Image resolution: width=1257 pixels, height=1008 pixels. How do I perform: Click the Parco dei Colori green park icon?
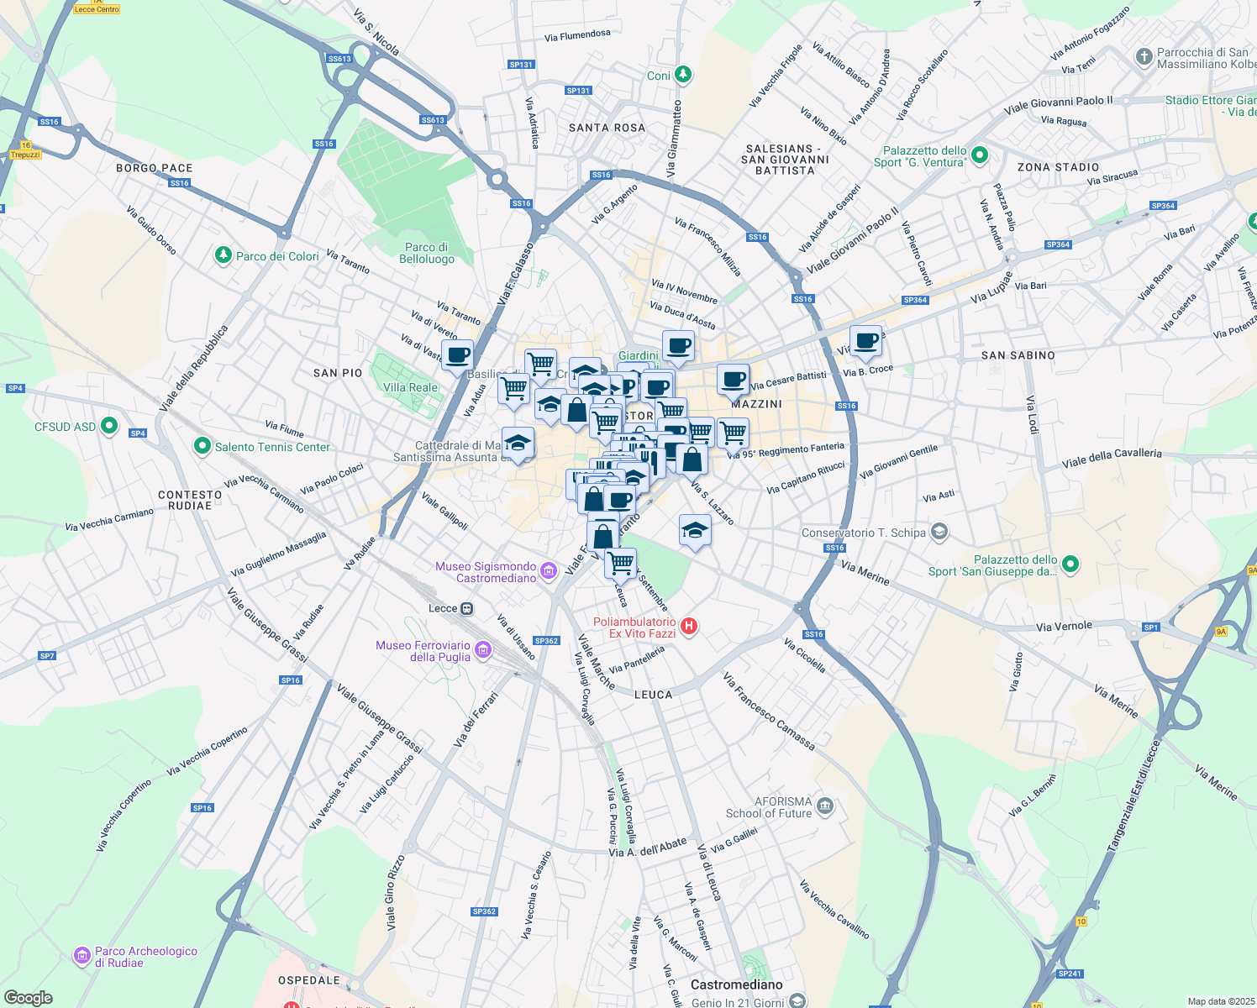[223, 255]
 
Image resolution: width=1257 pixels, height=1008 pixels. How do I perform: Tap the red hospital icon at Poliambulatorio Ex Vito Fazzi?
[689, 626]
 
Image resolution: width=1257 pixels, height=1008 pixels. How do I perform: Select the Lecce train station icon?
[467, 608]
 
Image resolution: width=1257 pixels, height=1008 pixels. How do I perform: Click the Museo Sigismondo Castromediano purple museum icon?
[549, 571]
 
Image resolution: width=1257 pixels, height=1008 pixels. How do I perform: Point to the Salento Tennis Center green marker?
[202, 446]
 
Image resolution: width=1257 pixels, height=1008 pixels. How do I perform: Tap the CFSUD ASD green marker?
[108, 426]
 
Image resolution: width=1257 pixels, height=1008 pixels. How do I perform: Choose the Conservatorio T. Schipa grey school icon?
[939, 532]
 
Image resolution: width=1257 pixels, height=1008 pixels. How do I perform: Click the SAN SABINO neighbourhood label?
[1018, 355]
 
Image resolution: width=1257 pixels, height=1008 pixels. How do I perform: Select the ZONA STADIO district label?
[1058, 167]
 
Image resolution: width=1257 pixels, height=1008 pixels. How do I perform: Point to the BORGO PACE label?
[155, 168]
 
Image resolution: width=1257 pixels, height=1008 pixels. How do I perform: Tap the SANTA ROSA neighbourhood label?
[607, 128]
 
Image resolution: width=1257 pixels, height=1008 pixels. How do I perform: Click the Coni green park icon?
[683, 75]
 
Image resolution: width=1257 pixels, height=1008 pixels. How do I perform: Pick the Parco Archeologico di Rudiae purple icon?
[82, 955]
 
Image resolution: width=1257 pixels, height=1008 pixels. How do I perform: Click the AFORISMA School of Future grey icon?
[825, 806]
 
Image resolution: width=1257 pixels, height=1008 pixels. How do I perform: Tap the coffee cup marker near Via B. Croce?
[865, 341]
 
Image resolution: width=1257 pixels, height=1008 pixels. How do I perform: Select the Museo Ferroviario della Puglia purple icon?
[482, 649]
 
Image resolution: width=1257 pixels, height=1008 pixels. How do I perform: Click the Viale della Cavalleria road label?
[1112, 458]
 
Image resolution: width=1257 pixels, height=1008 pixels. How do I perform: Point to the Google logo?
[29, 998]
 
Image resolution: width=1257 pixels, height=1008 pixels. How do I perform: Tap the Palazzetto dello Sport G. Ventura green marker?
[979, 155]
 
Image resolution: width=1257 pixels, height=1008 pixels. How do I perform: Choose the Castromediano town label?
[736, 984]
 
